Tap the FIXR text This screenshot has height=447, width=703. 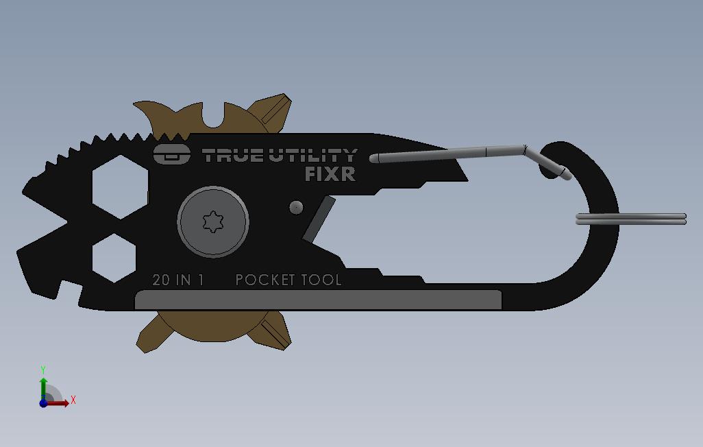coord(330,174)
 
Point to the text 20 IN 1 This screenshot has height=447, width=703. coord(178,280)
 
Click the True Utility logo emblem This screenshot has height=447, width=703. coord(171,154)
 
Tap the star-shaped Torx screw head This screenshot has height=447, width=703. coord(213,222)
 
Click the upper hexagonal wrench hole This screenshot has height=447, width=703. coord(120,186)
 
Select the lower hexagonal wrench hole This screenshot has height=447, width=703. coord(114,258)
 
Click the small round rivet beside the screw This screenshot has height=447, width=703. coord(296,207)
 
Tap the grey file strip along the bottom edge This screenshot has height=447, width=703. coord(319,300)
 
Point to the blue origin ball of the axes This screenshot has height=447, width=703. coord(43,403)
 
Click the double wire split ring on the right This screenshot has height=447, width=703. coord(630,219)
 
